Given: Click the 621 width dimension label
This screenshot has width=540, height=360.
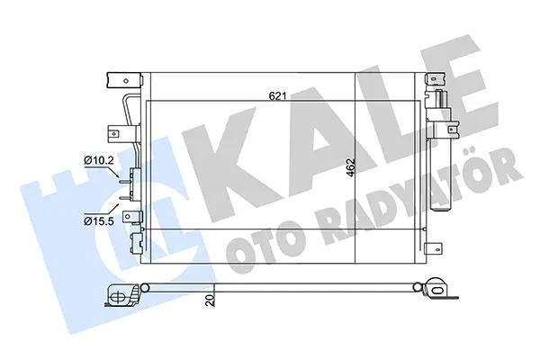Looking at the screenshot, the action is (277, 96).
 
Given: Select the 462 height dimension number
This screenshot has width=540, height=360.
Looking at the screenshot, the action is (351, 167).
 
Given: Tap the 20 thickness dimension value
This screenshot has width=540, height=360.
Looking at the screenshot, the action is (210, 300).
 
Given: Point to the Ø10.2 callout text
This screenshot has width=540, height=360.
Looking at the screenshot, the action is (99, 160).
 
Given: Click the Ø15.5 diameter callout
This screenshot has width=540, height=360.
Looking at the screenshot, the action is (99, 220).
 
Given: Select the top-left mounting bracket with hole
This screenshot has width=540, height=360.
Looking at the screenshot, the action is (124, 81).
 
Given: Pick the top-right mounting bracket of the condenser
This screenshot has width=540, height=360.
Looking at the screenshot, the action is (436, 79).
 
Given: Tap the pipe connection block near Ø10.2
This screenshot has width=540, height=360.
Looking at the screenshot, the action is (135, 185).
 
